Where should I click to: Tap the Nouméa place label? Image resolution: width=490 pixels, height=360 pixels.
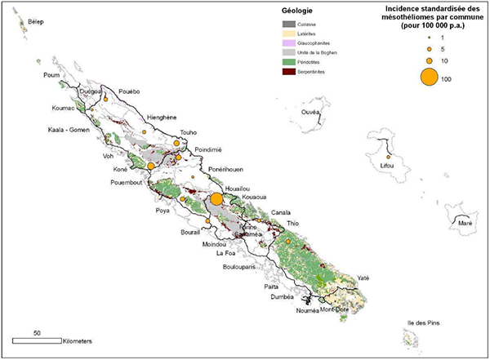point(306,311)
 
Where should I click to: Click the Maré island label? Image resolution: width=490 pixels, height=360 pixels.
point(465,223)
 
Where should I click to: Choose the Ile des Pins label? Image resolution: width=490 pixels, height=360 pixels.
point(425,324)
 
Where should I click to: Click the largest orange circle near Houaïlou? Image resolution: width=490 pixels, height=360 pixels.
point(216,199)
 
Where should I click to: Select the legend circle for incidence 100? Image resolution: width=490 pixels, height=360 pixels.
point(403,78)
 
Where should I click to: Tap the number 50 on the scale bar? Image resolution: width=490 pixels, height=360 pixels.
point(37,333)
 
